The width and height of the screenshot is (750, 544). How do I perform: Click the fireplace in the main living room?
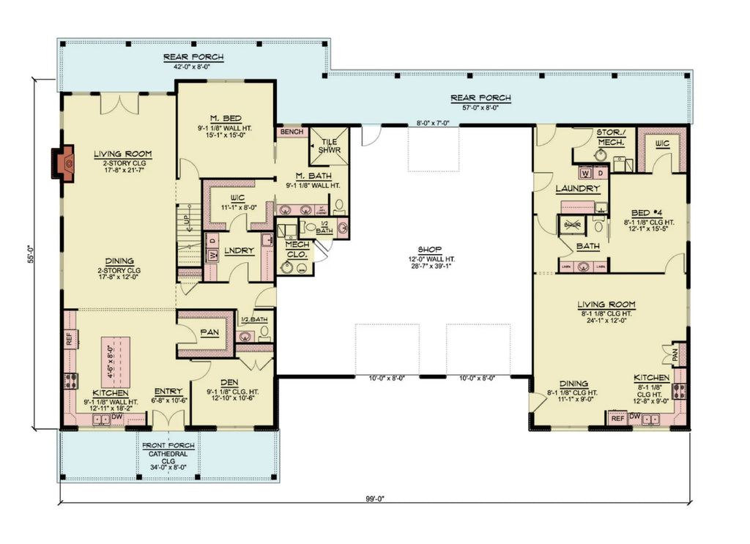coord(64,163)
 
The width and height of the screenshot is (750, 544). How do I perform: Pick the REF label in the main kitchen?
coord(70,338)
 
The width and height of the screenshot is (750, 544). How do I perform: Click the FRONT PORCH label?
coord(168,445)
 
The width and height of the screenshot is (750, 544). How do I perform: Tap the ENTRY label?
coord(168,391)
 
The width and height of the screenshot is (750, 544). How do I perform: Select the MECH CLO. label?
coord(297,248)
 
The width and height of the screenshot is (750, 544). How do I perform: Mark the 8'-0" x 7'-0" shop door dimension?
coord(437,124)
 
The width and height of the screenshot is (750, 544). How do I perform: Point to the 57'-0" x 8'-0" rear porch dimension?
coord(480,108)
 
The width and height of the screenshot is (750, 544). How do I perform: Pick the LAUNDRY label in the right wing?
coord(577,188)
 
